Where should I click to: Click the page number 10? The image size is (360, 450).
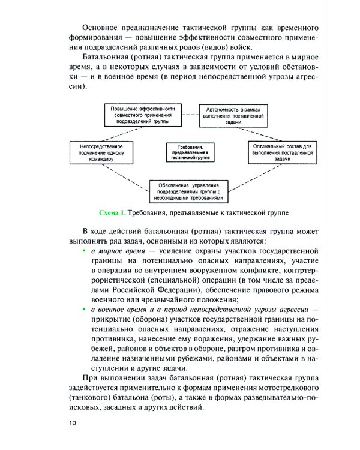pos(73,424)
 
